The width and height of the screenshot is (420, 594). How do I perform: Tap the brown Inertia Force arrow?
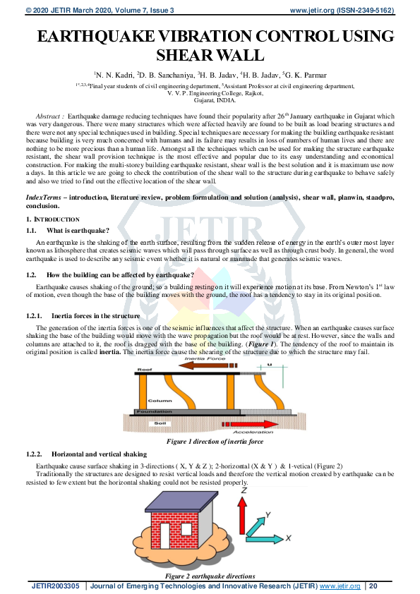pos(204,365)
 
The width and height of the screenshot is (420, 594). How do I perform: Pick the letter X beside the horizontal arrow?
pos(288,538)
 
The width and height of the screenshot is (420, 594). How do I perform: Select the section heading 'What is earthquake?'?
pos(78,231)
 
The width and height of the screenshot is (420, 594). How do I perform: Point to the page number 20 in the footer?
pos(373,586)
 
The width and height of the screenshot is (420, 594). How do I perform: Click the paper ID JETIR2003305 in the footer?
pos(56,586)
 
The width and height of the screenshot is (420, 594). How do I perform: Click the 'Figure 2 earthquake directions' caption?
pos(210,576)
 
